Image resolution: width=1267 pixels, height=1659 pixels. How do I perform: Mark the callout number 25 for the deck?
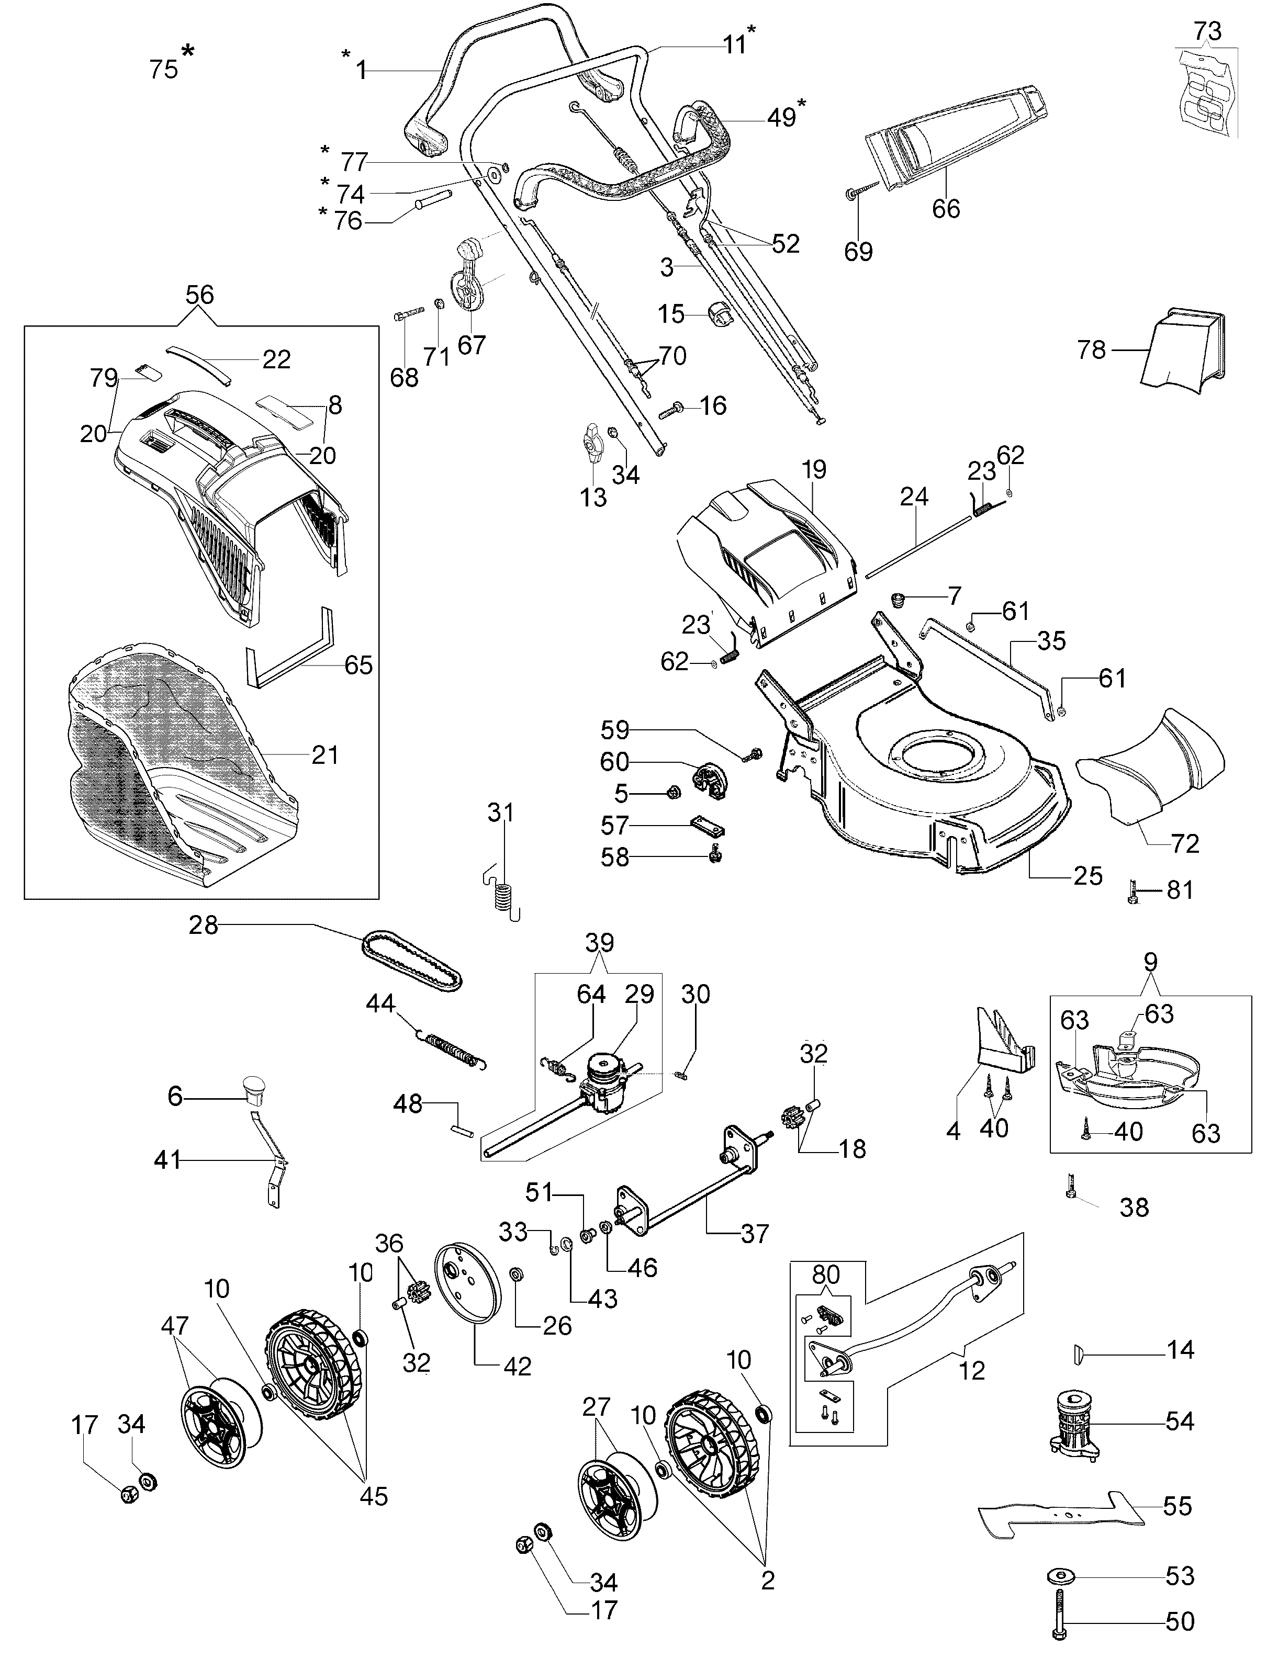(1087, 875)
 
